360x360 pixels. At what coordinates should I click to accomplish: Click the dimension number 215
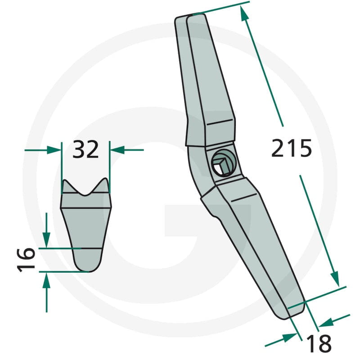point(291,148)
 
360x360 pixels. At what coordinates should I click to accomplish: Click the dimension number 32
point(85,150)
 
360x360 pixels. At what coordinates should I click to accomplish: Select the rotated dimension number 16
point(26,260)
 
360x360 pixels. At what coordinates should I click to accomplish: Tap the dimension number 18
point(319,343)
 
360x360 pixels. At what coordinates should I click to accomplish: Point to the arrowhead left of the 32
point(54,150)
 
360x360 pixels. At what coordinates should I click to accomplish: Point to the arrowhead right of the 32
point(117,150)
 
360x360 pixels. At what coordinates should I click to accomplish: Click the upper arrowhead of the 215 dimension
point(244,13)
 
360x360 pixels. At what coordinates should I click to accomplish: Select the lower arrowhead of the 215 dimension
point(335,279)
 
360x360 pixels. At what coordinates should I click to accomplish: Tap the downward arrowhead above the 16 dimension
point(46,240)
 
